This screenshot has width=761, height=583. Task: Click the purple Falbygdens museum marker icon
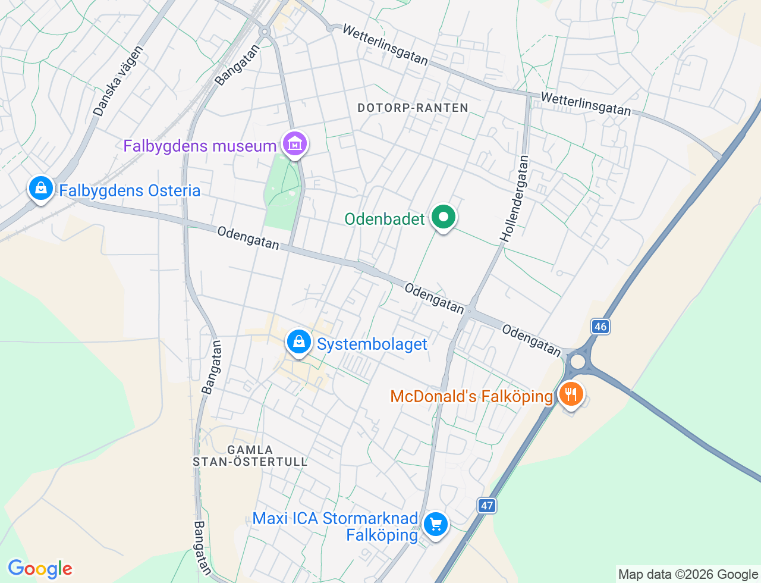coord(295,143)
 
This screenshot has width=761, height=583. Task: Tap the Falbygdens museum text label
coord(200,146)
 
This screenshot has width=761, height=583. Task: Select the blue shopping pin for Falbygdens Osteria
coord(40,188)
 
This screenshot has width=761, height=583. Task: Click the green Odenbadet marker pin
coord(443,217)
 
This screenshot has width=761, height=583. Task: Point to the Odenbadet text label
coord(385,219)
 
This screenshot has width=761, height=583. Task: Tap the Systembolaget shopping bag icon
coord(299,342)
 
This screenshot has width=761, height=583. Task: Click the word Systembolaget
coord(372,344)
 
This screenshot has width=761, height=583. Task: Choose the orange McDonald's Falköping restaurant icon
coord(571,394)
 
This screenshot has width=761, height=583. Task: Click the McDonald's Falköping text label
coord(471,396)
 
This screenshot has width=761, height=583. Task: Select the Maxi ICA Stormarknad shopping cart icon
coord(436,525)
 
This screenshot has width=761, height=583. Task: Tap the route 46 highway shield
coord(600,326)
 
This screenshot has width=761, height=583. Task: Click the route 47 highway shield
coord(486,506)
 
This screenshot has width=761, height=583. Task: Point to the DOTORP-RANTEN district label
coord(413,108)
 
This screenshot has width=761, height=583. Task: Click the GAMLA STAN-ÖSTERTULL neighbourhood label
coord(250,456)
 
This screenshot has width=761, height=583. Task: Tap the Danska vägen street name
coord(118,81)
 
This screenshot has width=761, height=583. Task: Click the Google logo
coord(40,569)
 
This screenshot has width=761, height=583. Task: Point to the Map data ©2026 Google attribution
coord(688,574)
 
